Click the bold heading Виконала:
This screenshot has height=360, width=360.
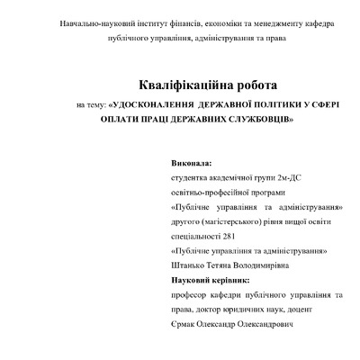[x=191, y=165]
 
